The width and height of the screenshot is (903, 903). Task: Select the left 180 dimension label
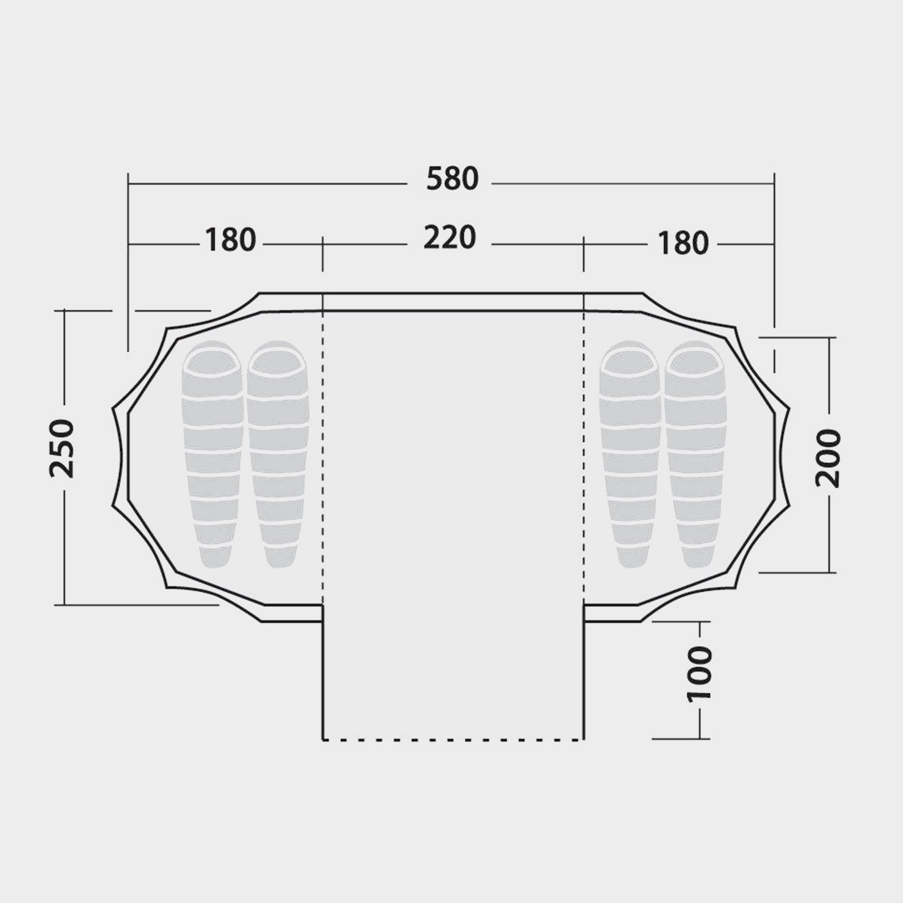tap(230, 240)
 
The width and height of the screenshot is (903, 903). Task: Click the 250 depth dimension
tap(62, 449)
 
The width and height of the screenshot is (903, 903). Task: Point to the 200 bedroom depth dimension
tap(828, 458)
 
